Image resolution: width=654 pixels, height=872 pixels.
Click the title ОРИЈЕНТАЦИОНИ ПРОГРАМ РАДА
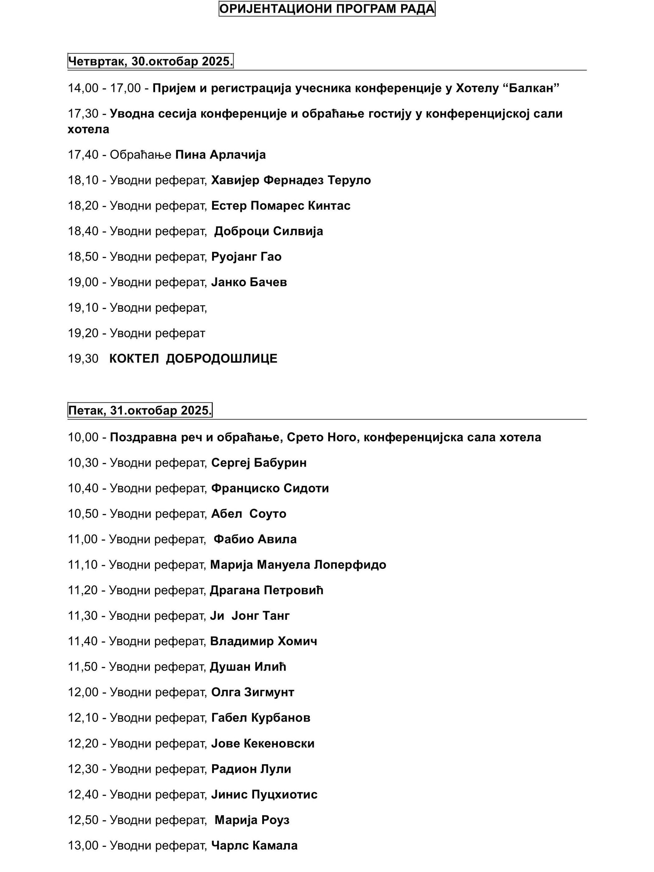click(x=326, y=9)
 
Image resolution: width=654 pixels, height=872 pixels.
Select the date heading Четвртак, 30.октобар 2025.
click(x=150, y=61)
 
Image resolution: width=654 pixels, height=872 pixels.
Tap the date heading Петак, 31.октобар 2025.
click(x=140, y=411)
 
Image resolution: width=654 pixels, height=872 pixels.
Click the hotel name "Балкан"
click(x=534, y=88)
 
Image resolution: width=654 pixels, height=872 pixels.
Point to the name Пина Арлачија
click(x=220, y=154)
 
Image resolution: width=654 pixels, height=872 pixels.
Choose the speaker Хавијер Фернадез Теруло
click(x=291, y=180)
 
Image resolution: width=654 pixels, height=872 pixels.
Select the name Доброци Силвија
click(x=268, y=231)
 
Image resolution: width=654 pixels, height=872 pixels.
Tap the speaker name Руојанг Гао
click(x=246, y=257)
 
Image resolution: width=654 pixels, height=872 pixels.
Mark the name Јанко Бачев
click(x=249, y=282)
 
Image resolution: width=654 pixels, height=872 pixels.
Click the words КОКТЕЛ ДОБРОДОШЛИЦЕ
click(x=193, y=359)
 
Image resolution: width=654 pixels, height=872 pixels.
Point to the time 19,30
click(x=83, y=359)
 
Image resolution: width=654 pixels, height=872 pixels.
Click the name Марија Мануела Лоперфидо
click(x=298, y=565)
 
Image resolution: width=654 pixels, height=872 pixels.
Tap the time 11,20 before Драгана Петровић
click(x=83, y=590)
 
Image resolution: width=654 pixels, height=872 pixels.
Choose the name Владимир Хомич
click(x=263, y=641)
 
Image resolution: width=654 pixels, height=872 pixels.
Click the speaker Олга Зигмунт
click(x=253, y=692)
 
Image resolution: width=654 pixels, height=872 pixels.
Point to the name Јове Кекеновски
click(x=263, y=743)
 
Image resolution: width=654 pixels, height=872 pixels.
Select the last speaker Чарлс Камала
click(x=254, y=846)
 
